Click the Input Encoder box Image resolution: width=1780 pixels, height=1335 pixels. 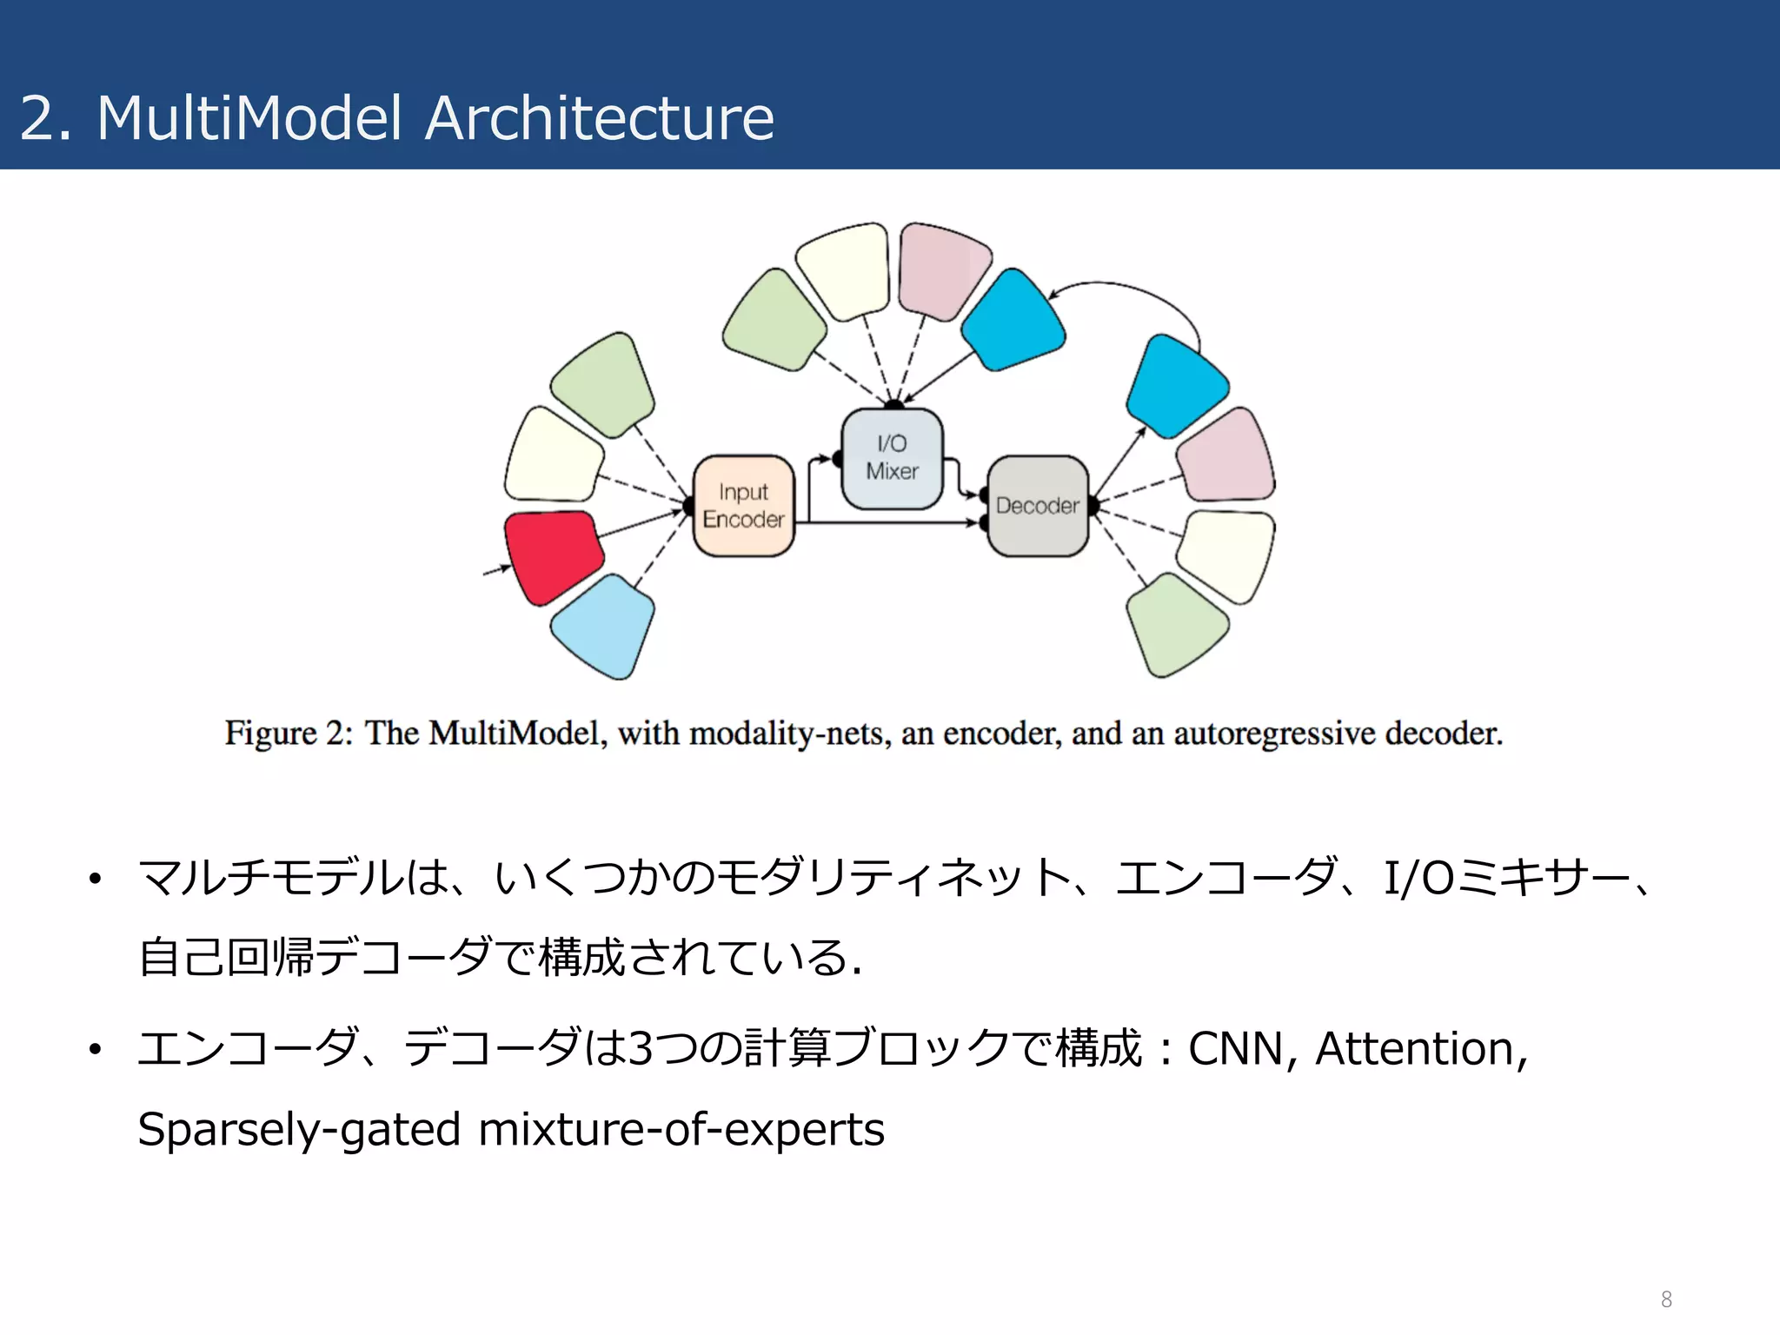pyautogui.click(x=743, y=506)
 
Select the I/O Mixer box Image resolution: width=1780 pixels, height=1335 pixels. pyautogui.click(x=892, y=458)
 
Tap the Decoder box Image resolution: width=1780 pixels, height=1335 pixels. pyautogui.click(x=1037, y=506)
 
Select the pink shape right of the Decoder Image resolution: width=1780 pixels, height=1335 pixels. pyautogui.click(x=1225, y=455)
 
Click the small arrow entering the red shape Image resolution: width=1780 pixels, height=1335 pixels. pyautogui.click(x=496, y=570)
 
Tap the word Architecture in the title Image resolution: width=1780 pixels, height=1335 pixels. pyautogui.click(x=599, y=118)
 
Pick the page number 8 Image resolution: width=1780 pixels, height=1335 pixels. pyautogui.click(x=1665, y=1298)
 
